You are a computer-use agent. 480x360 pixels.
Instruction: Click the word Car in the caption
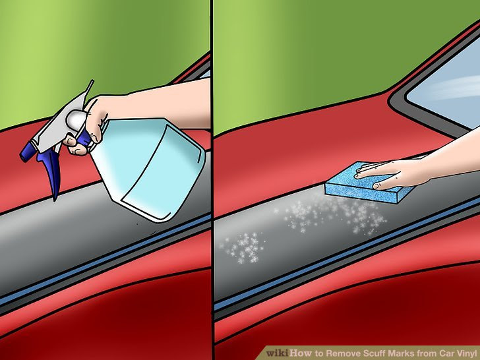(x=441, y=353)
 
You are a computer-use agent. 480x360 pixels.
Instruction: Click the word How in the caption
(x=301, y=353)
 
